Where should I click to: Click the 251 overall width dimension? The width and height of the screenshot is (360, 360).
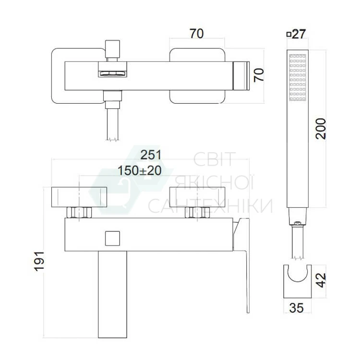(x=151, y=155)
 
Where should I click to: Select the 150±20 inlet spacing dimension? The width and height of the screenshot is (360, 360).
(x=139, y=170)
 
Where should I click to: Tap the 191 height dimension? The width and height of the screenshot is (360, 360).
(x=39, y=261)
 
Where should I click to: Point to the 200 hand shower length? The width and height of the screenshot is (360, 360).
(x=321, y=129)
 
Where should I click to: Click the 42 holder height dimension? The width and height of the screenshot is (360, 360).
(x=321, y=280)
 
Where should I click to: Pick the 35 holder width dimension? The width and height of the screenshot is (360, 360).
(x=297, y=308)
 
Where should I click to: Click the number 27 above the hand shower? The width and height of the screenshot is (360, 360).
(x=299, y=34)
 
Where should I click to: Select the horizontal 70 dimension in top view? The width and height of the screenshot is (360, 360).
(x=196, y=34)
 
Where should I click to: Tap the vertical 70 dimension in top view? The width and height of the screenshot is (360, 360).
(x=259, y=75)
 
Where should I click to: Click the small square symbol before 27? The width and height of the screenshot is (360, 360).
(x=289, y=35)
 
